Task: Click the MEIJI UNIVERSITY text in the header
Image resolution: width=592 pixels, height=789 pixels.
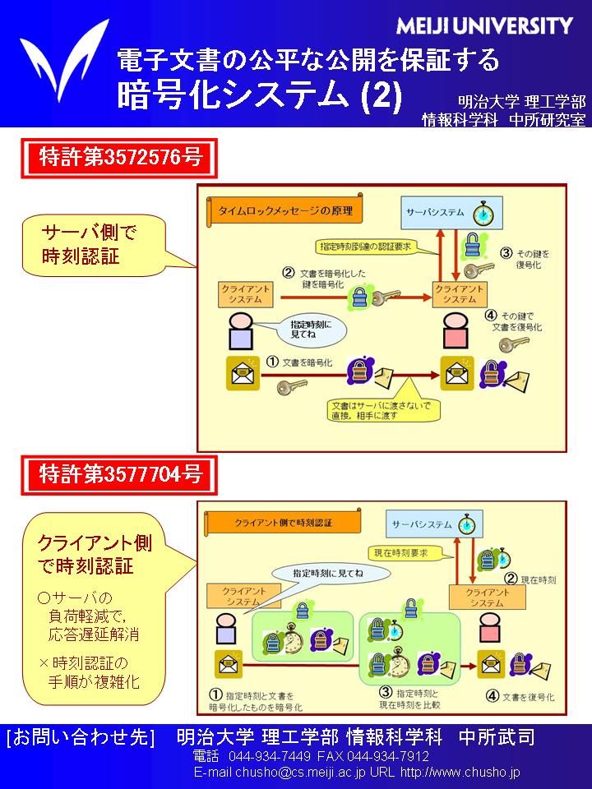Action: click(484, 26)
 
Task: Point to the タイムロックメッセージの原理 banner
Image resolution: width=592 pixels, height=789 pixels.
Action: click(284, 211)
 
